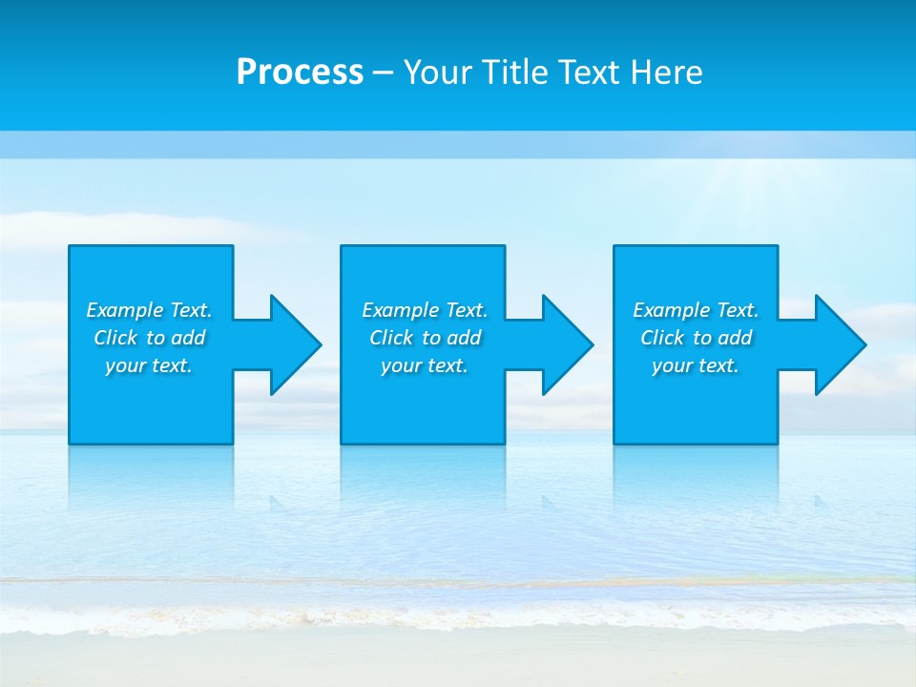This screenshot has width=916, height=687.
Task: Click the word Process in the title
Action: pyautogui.click(x=300, y=73)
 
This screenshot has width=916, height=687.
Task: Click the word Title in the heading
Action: pyautogui.click(x=512, y=73)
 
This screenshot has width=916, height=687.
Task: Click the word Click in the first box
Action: pyautogui.click(x=115, y=338)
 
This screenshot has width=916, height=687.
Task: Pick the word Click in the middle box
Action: pyautogui.click(x=391, y=338)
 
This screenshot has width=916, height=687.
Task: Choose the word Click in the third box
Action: pyautogui.click(x=662, y=338)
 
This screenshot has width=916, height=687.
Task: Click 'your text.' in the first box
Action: pyautogui.click(x=149, y=365)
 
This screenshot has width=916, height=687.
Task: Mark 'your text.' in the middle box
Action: pyautogui.click(x=425, y=365)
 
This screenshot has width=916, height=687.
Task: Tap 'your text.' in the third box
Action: pyautogui.click(x=696, y=365)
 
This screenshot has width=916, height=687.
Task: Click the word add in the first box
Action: pyautogui.click(x=187, y=338)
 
